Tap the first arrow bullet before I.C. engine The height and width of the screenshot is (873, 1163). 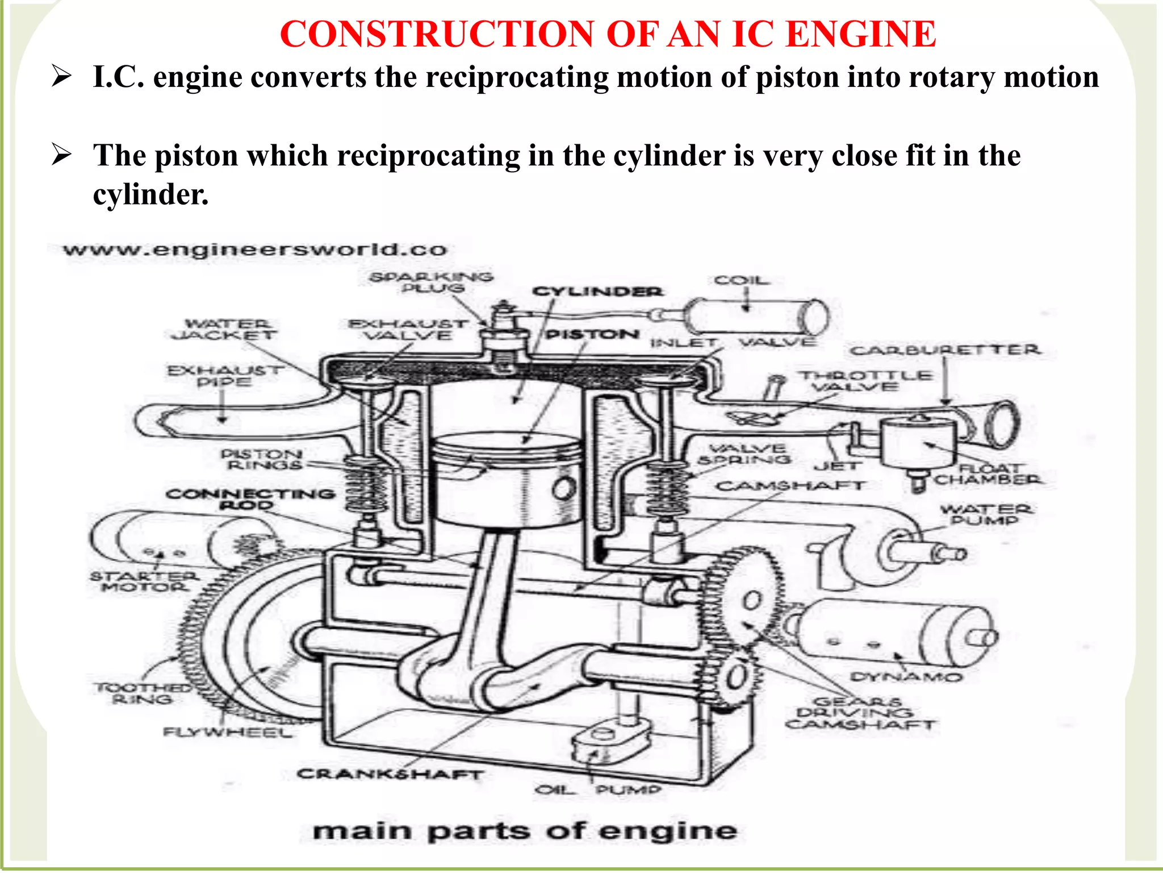(61, 76)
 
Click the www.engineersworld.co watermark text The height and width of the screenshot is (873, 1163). (255, 250)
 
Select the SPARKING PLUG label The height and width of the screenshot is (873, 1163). (432, 282)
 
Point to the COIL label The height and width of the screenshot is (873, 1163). (742, 280)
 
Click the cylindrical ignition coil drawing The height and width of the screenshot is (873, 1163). (755, 317)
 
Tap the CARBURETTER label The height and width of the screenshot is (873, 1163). (945, 350)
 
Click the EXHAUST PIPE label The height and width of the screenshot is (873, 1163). (225, 376)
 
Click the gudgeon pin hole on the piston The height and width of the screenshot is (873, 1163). (564, 488)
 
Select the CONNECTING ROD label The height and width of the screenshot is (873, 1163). (250, 498)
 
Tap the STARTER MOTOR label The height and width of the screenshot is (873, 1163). (144, 581)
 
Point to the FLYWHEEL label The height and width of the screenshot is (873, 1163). (227, 731)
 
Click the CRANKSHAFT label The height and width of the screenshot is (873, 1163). (390, 774)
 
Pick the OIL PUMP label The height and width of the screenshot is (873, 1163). (599, 790)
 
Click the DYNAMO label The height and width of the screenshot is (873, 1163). (906, 677)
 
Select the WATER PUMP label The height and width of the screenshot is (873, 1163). (986, 514)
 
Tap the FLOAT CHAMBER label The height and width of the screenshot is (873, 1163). (988, 474)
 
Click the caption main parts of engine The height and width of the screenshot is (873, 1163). (525, 831)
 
